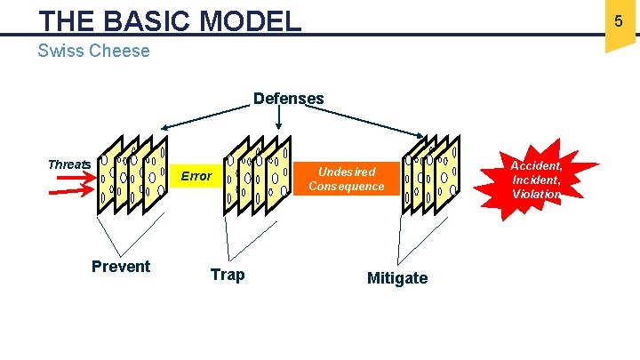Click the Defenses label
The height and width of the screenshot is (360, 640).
tap(289, 98)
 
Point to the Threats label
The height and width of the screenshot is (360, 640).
tap(68, 164)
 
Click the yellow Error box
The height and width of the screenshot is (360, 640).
tap(196, 176)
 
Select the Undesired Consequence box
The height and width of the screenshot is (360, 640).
tap(347, 179)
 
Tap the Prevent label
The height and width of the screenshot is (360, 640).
tap(121, 267)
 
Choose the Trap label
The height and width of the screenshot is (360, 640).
tap(228, 275)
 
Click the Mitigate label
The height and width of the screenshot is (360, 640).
tap(397, 278)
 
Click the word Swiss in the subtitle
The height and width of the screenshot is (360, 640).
tap(59, 51)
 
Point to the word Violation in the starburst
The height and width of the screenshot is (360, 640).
tap(536, 194)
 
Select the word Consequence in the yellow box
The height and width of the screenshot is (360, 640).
tap(347, 187)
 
